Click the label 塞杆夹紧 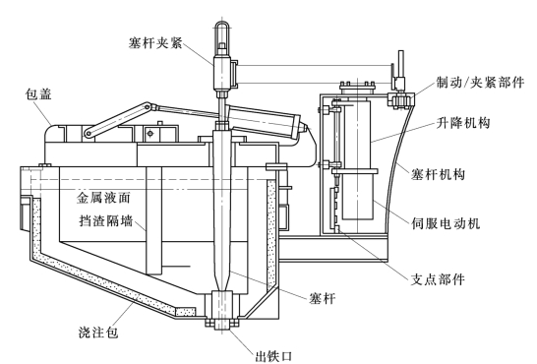[155, 43]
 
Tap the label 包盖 [38, 94]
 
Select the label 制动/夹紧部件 [480, 83]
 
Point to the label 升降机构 [463, 123]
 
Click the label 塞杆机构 [438, 174]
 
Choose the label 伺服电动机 [446, 223]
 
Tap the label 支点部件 [438, 279]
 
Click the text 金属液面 [103, 198]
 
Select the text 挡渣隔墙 [106, 220]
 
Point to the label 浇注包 [98, 332]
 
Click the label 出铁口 [273, 356]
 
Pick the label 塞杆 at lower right [322, 298]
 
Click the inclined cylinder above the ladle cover [265, 121]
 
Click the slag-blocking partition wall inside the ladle [153, 220]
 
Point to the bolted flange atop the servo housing [357, 86]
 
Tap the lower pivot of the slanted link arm [89, 133]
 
